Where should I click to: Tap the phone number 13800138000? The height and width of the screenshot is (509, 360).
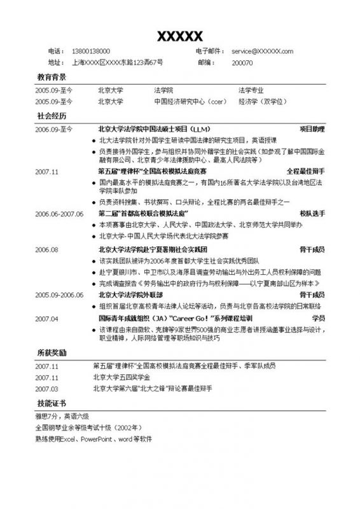click(x=92, y=52)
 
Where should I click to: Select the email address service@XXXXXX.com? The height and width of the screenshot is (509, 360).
click(x=262, y=52)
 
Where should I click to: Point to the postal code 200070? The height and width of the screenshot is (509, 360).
click(x=242, y=63)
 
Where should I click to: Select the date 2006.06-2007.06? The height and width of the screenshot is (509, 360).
click(x=59, y=214)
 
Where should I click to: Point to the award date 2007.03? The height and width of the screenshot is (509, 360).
click(x=47, y=388)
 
